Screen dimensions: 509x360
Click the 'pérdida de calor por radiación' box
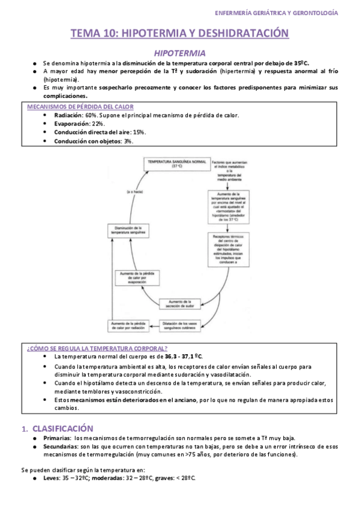[130, 325]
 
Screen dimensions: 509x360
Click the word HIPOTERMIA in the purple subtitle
[180, 53]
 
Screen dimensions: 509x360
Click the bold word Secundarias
[62, 446]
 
